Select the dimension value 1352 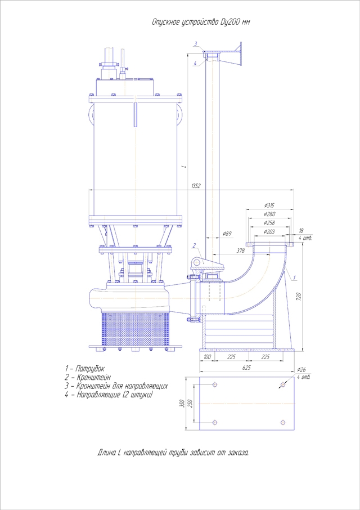pyautogui.click(x=196, y=186)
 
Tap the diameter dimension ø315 pyautogui.click(x=269, y=205)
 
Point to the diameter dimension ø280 pyautogui.click(x=269, y=214)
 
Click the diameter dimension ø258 pyautogui.click(x=269, y=222)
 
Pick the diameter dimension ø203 pyautogui.click(x=269, y=231)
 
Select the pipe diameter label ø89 pyautogui.click(x=228, y=232)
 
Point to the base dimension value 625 pyautogui.click(x=246, y=366)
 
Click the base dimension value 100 pyautogui.click(x=207, y=357)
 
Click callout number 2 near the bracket pyautogui.click(x=194, y=245)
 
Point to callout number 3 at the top pyautogui.click(x=195, y=44)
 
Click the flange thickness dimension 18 pyautogui.click(x=301, y=231)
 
